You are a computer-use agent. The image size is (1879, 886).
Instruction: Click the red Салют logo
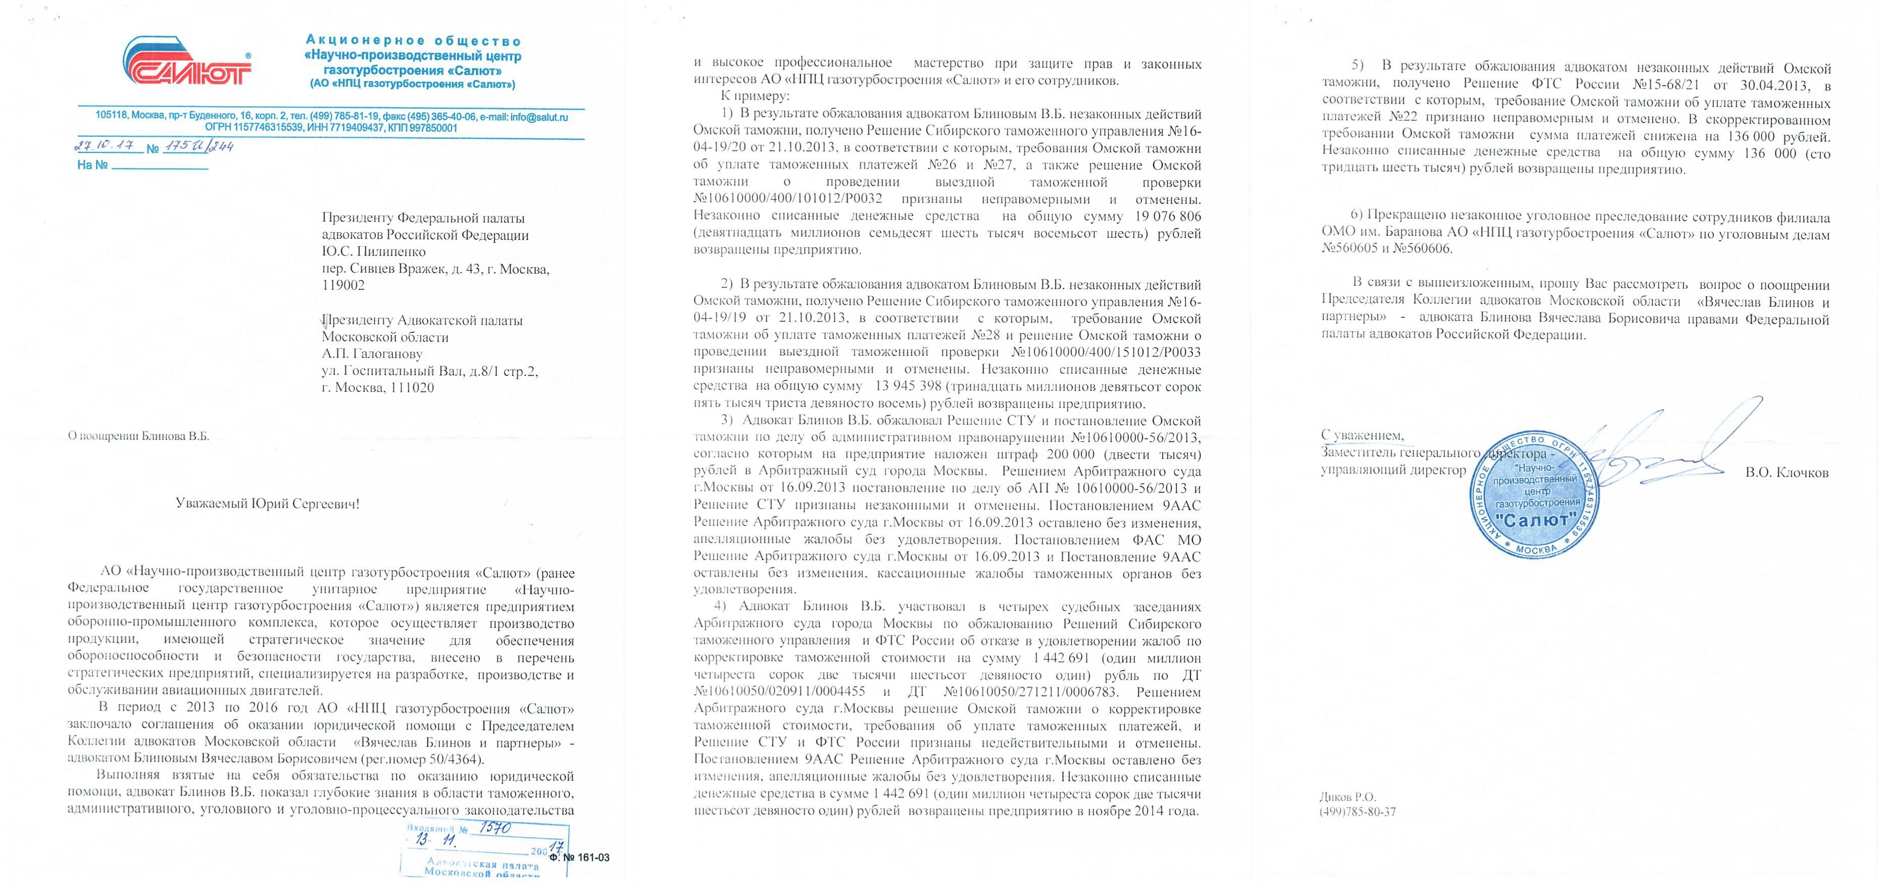click(187, 68)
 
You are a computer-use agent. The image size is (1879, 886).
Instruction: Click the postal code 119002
click(343, 285)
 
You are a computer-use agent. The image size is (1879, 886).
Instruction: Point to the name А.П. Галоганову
click(372, 354)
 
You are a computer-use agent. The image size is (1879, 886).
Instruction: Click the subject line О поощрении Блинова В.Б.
click(138, 436)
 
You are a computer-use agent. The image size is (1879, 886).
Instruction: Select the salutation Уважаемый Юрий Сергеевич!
click(268, 503)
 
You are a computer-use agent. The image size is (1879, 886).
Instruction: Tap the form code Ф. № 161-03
click(579, 858)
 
